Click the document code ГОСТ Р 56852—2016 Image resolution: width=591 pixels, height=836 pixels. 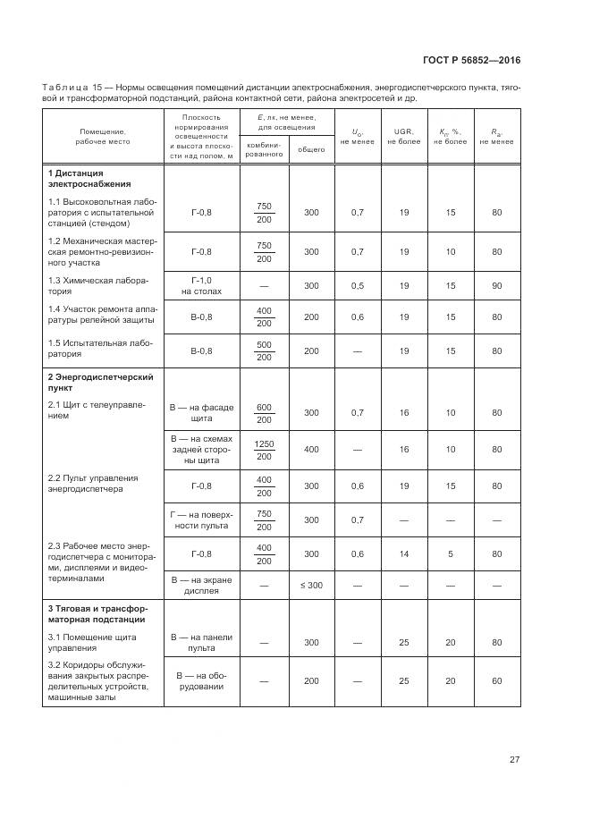[x=472, y=61]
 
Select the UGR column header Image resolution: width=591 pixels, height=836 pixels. [x=404, y=136]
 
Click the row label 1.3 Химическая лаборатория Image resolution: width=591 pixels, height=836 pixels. [x=97, y=286]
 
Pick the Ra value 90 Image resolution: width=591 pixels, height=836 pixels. [x=496, y=286]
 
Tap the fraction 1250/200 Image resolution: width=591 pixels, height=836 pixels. [x=264, y=450]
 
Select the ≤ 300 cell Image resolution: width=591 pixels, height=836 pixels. [x=311, y=586]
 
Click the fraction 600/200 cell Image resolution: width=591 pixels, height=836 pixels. [x=264, y=413]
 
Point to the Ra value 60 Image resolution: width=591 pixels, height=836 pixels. [x=496, y=680]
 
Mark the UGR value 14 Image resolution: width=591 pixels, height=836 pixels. [x=404, y=554]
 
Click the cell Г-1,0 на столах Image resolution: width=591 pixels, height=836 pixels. [x=201, y=286]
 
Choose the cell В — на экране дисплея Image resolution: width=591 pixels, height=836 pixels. [x=201, y=586]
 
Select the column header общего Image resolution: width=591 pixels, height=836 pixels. [x=311, y=149]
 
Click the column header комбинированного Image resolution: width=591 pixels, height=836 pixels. [x=264, y=148]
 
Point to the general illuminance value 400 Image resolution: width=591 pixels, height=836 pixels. [x=311, y=450]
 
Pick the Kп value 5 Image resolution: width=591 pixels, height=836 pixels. [x=451, y=554]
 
